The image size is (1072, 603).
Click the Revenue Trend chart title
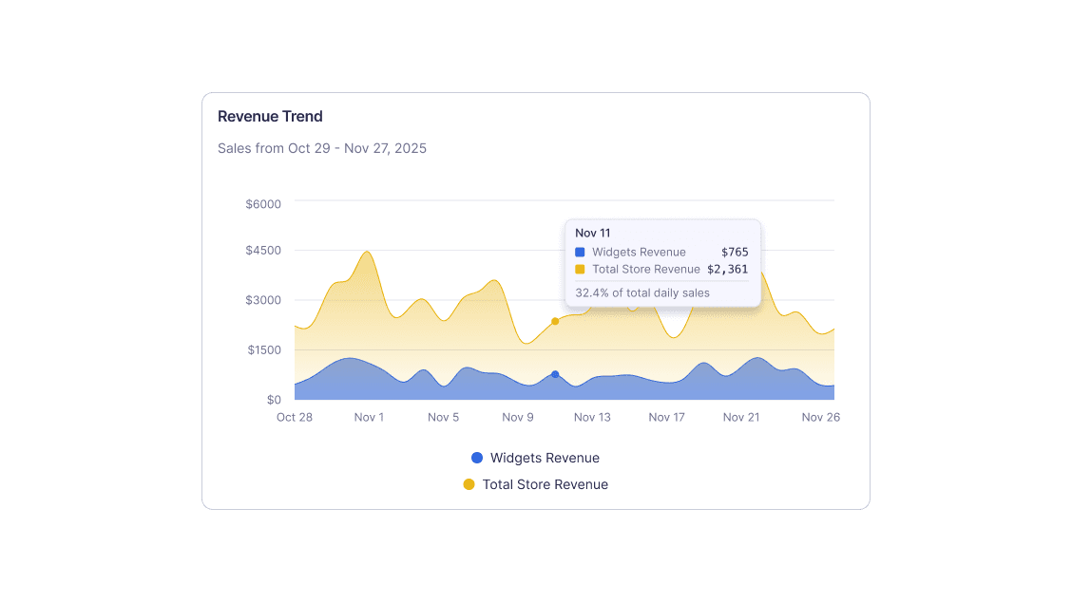(270, 117)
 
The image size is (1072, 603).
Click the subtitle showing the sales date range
(321, 148)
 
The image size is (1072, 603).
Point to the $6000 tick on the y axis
(263, 203)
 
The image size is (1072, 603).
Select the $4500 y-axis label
(263, 251)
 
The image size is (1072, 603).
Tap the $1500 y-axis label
(263, 350)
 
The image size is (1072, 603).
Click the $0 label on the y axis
(273, 400)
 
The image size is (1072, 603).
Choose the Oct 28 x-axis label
(295, 417)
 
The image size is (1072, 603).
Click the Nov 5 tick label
(443, 417)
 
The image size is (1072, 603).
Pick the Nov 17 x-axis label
(666, 417)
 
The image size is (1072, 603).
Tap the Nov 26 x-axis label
(820, 417)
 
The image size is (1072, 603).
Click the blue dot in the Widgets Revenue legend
(477, 458)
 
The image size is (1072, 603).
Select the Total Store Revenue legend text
(545, 484)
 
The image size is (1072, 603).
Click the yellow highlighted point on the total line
(555, 321)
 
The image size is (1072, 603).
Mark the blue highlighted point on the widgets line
(555, 374)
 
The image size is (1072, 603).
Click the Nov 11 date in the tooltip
(593, 233)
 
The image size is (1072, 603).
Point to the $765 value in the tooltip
(735, 252)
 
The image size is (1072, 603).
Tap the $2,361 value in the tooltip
(727, 269)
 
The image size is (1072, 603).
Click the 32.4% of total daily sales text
(642, 292)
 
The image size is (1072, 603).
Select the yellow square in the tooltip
(580, 269)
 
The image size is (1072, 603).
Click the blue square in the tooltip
(580, 252)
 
